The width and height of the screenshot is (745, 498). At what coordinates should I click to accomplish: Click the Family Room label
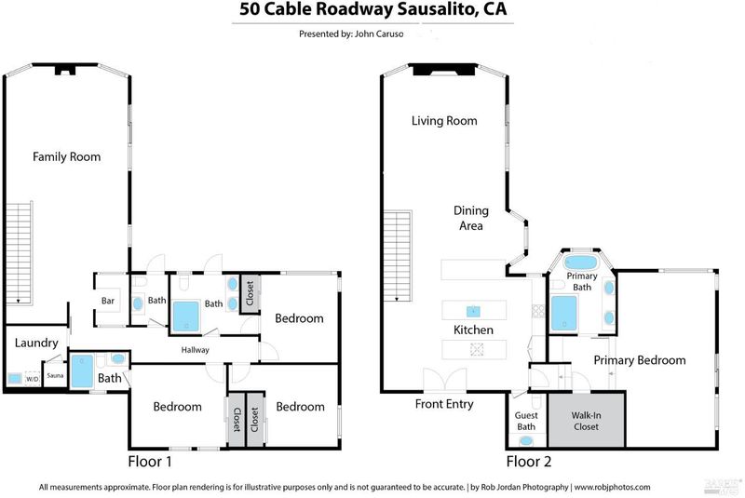click(x=66, y=156)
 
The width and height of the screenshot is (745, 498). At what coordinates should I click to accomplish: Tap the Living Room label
click(x=444, y=121)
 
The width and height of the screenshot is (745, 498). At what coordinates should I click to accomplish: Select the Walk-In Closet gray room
click(x=586, y=421)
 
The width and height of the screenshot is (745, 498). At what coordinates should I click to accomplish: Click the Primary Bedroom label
click(x=639, y=360)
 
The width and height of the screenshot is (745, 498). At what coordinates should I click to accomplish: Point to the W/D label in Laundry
click(x=32, y=379)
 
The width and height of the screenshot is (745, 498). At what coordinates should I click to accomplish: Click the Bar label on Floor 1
click(x=107, y=301)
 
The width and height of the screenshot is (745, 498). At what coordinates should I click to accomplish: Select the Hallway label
click(x=196, y=350)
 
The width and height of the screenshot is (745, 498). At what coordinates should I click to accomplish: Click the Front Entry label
click(x=444, y=404)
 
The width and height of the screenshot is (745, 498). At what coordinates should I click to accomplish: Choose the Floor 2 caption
click(x=528, y=461)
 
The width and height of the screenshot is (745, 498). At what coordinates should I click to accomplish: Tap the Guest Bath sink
click(x=527, y=439)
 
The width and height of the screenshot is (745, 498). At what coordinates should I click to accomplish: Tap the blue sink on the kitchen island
click(x=472, y=310)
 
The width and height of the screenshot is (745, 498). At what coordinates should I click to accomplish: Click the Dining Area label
click(x=470, y=218)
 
